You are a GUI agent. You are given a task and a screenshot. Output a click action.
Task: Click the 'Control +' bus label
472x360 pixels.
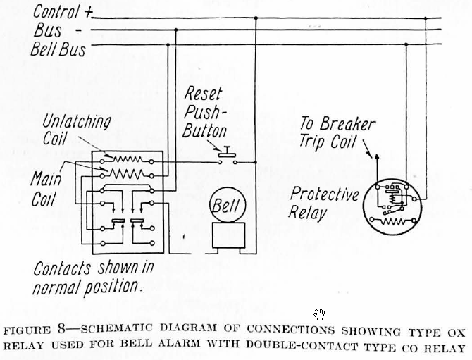pos(62,13)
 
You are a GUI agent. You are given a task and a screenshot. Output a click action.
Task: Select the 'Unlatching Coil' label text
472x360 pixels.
pos(66,129)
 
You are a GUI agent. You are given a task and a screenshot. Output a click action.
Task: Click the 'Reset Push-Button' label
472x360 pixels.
pos(205,112)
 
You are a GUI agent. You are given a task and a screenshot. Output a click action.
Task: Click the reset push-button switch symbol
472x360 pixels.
pos(228,156)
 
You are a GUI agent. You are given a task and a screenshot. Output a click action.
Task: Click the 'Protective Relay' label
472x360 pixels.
pos(325,202)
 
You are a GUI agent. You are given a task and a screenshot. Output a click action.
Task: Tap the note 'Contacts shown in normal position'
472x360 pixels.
pos(93,278)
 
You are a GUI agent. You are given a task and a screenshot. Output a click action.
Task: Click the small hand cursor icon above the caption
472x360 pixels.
pos(319,314)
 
